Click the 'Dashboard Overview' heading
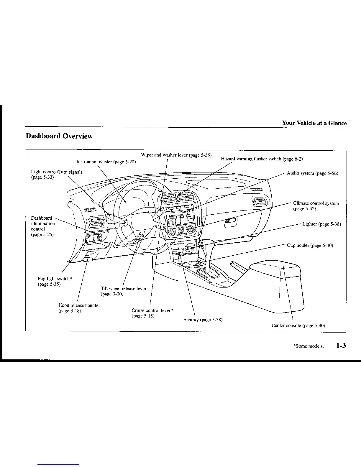coord(59,136)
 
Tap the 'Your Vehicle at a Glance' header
coord(314,123)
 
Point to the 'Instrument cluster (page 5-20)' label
coord(106,162)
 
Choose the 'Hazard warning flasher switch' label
coord(262,159)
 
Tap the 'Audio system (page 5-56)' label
coord(312,173)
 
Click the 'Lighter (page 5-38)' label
coord(321,224)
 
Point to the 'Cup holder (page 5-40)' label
coord(310,245)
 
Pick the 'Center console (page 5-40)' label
coord(298,325)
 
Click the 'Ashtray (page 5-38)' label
coord(203,320)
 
